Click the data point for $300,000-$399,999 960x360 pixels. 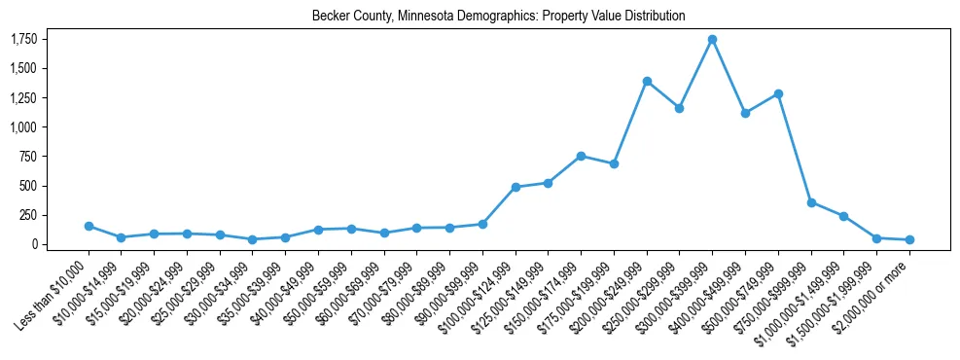coord(712,40)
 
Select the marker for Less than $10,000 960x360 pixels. coord(89,226)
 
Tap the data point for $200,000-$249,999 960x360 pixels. coord(647,82)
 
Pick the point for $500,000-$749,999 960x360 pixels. coord(778,94)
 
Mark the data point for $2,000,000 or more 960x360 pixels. coord(909,239)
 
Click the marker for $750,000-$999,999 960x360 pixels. coord(811,202)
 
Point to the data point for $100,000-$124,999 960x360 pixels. coord(516,187)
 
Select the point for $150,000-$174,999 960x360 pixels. coord(581,156)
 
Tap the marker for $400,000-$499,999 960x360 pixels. coord(745,113)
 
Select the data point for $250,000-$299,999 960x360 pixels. coord(679,108)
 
